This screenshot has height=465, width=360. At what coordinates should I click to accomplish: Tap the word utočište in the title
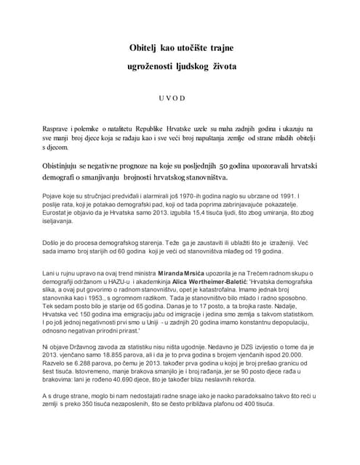click(188, 48)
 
